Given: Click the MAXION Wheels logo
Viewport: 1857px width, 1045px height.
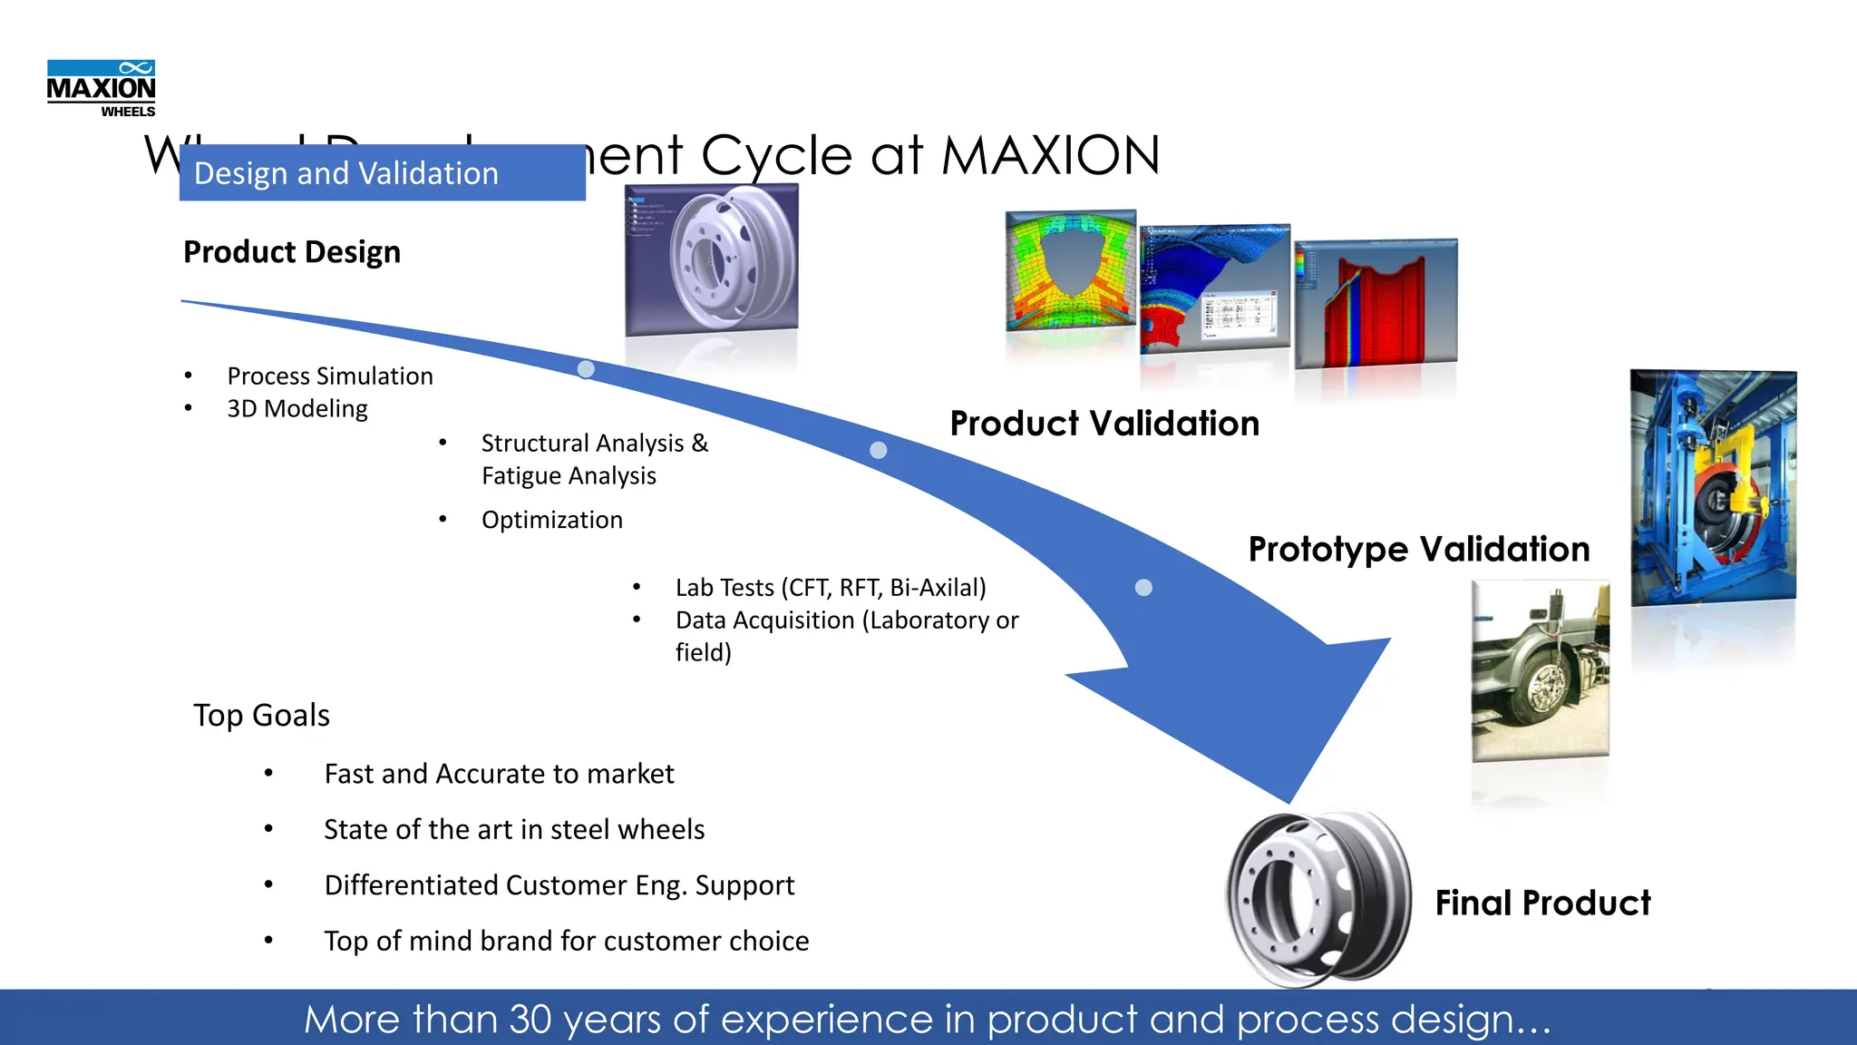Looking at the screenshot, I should click(101, 88).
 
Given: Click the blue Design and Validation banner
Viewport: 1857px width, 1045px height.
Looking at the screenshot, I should click(382, 172).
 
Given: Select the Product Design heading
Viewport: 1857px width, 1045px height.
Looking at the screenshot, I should click(291, 251).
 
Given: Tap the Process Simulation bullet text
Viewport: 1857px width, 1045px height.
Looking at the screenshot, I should click(329, 376).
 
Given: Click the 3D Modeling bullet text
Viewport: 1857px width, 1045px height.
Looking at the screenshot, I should click(297, 408).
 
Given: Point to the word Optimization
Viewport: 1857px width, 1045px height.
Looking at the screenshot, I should click(551, 520).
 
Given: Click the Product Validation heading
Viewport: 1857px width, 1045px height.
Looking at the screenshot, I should click(1104, 424).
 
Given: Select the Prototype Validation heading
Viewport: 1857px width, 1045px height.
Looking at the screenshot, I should click(1418, 549).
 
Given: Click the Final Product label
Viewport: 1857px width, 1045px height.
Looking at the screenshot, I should click(1541, 903).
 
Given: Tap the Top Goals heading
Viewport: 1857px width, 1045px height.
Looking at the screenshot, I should click(261, 715).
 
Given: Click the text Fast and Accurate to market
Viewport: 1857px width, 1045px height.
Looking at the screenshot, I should click(499, 774).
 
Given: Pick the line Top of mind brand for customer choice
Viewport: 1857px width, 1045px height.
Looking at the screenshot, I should click(566, 941).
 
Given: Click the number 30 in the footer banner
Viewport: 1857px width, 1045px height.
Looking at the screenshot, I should click(530, 1019).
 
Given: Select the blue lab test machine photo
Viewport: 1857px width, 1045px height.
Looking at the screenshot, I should click(1712, 487).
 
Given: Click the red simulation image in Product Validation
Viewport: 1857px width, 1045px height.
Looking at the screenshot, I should click(1375, 304).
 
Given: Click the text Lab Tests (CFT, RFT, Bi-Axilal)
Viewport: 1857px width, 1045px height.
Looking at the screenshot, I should click(830, 588).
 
